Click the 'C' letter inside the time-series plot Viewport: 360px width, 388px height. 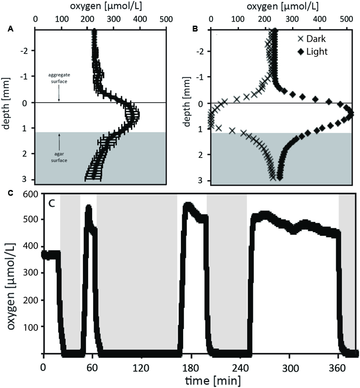(x=53, y=203)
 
